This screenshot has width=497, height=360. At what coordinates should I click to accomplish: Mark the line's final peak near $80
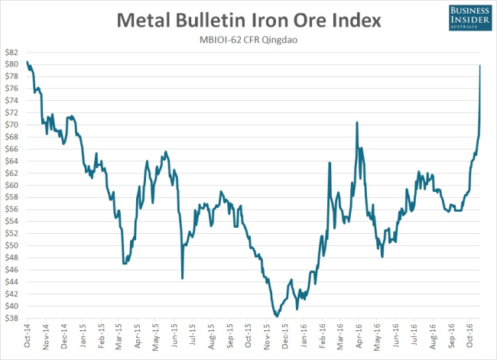(x=479, y=66)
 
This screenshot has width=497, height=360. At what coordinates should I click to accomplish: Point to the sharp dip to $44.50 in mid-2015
(x=182, y=278)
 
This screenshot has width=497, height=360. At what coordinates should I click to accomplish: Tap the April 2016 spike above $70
(x=357, y=122)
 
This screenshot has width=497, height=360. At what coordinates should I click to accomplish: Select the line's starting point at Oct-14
(x=27, y=62)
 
